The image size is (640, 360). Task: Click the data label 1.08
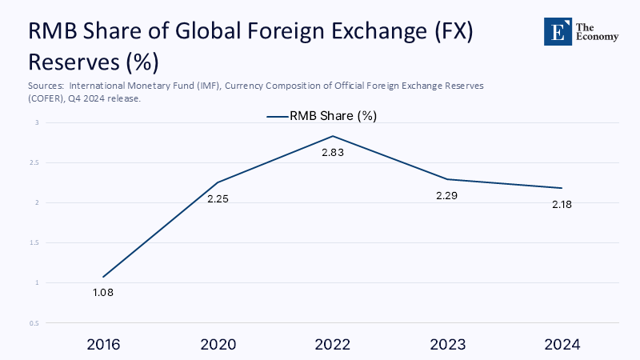103,293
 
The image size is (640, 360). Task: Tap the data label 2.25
218,198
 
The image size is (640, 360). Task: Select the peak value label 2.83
332,152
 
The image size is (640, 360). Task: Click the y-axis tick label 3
37,122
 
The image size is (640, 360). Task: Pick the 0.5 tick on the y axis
34,323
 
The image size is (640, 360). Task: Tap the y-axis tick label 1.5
34,242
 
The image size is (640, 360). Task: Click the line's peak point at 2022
332,136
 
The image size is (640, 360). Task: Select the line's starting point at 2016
103,277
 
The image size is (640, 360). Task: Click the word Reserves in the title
71,61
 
